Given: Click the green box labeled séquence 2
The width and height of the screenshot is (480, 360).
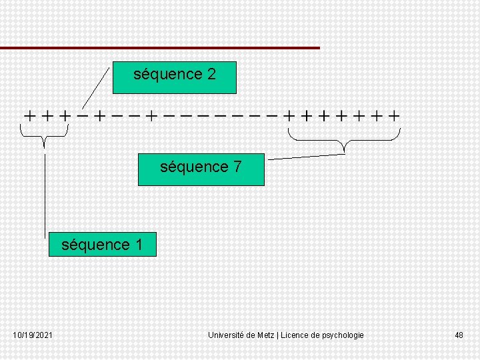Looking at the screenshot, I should click(x=175, y=77).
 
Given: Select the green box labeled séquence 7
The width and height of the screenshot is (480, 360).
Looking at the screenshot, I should click(x=201, y=169).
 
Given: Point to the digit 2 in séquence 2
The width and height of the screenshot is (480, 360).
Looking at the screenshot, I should click(x=211, y=75).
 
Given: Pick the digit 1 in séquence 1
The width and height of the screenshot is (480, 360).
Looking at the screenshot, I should click(x=139, y=245).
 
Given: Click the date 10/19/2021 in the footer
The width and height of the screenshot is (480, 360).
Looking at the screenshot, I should click(x=33, y=335).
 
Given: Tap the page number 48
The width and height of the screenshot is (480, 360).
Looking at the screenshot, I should click(x=459, y=335).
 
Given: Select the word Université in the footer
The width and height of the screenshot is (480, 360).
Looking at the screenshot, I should click(x=227, y=335).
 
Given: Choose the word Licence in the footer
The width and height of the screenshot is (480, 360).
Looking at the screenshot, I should click(x=295, y=335).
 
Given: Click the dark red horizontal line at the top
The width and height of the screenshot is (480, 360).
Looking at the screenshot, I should click(x=160, y=48).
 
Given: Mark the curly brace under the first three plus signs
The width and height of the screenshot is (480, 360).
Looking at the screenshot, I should click(x=44, y=137).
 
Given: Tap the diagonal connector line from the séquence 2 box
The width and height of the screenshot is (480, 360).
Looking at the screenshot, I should click(x=95, y=87).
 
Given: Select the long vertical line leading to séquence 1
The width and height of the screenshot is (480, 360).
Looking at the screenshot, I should click(x=45, y=193).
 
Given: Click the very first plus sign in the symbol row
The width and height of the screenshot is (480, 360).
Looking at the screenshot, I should click(x=30, y=115).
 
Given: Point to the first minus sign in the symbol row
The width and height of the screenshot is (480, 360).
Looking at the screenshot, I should click(x=83, y=115).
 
